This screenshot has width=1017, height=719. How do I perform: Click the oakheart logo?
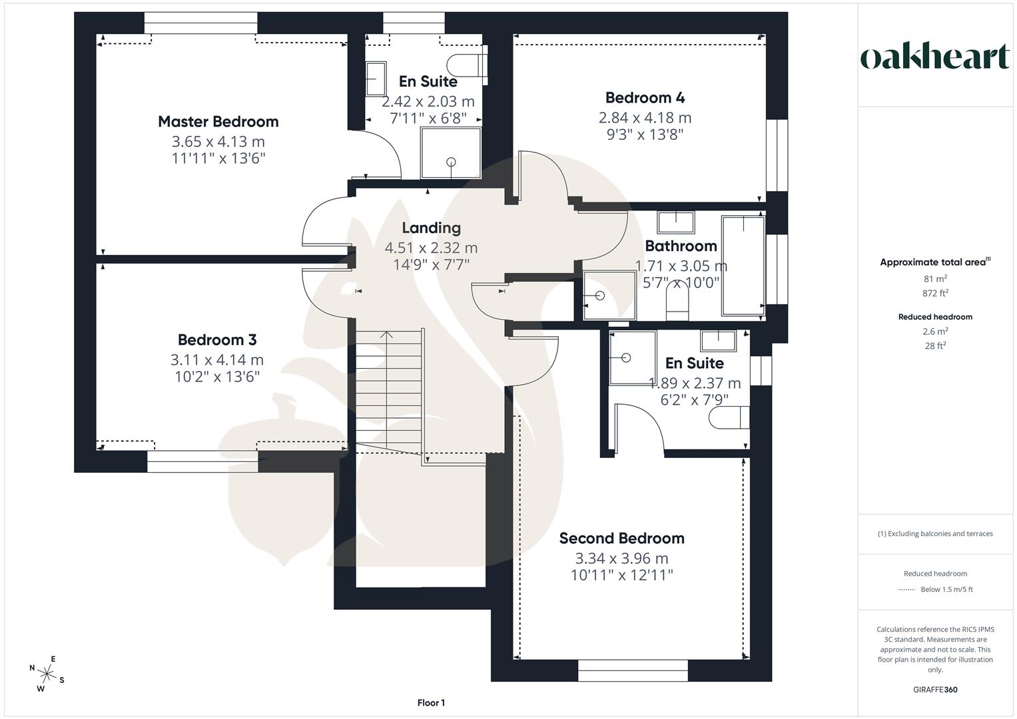pos(935,57)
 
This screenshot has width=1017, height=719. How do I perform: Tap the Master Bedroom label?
pos(218,122)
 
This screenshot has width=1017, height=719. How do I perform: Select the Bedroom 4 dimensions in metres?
pos(645,118)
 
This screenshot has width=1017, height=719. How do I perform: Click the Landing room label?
pos(431,228)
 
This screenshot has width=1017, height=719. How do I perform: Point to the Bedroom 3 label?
pos(217,340)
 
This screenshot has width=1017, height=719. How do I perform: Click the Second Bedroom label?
pos(621,538)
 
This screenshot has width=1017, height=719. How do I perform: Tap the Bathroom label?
pos(681,246)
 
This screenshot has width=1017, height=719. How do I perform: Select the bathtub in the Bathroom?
pos(743,265)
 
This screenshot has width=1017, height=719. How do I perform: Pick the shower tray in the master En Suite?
pos(450,153)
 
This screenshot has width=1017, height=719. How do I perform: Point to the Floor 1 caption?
pos(431,703)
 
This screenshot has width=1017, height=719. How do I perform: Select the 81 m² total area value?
pos(936,279)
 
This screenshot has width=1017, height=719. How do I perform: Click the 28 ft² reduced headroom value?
pos(936,346)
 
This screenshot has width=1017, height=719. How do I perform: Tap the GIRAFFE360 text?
pos(935,690)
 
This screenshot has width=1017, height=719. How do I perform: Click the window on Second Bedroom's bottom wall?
pos(632,670)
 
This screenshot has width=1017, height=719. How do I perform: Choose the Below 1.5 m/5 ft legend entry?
pos(935,589)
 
